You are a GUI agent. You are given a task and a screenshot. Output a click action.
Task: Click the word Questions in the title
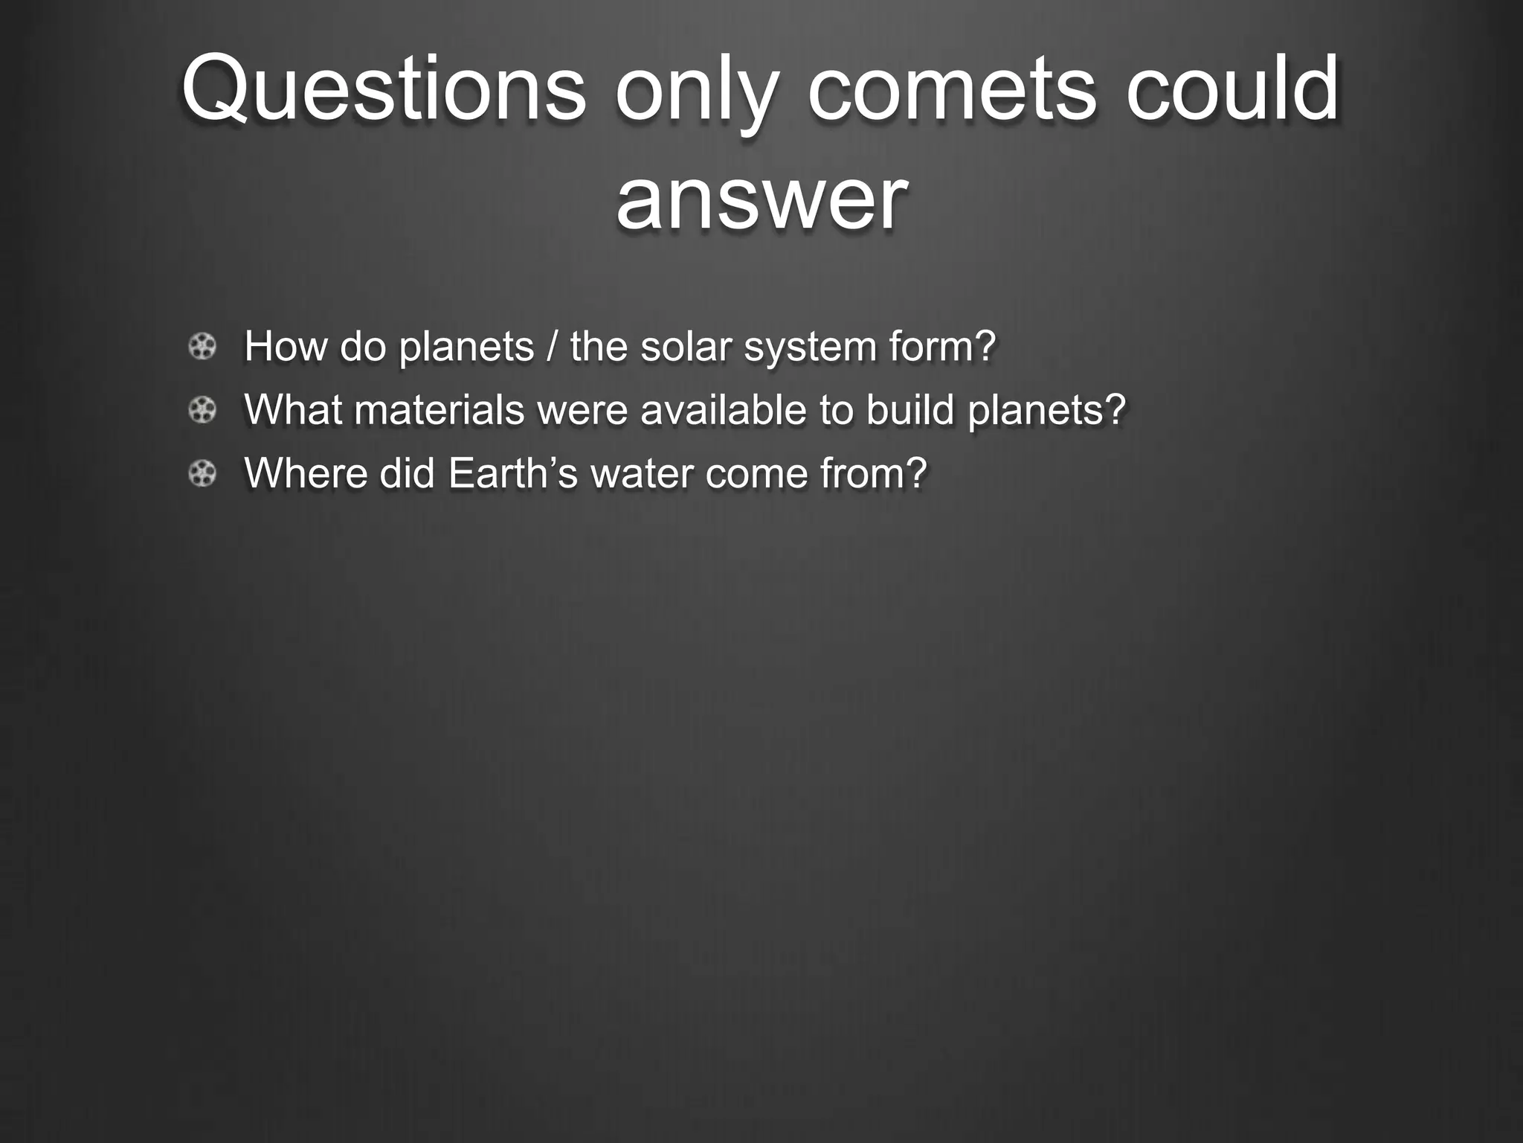383,89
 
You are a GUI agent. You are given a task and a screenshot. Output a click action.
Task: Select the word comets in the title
951,89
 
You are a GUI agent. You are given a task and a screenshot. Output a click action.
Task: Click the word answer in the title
761,199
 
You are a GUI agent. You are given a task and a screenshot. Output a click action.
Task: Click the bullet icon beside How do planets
202,347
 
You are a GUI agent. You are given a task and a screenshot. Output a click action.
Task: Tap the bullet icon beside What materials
202,410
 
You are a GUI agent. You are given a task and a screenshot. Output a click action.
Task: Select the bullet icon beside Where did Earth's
202,473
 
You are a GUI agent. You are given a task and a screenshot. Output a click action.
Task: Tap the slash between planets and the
552,347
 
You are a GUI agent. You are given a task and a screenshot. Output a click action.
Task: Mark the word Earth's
512,473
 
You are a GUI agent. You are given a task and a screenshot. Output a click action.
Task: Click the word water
641,473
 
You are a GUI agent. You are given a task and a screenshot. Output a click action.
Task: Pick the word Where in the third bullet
306,473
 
